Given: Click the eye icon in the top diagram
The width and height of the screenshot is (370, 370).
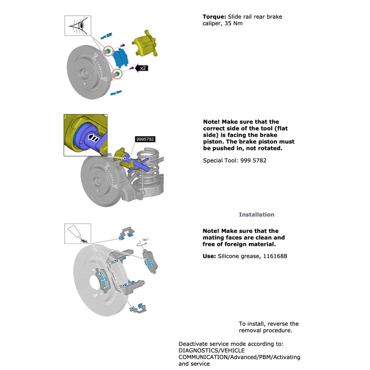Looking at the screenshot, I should (78, 26).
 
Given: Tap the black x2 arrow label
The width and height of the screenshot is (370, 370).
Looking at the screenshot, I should (142, 68).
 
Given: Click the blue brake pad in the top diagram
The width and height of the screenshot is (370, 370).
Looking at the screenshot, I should (120, 58).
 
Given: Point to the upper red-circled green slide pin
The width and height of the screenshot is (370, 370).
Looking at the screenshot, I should (108, 51).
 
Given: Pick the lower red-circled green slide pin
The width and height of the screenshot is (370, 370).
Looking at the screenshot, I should (117, 74).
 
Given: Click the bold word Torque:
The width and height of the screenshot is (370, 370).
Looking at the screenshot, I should (214, 17).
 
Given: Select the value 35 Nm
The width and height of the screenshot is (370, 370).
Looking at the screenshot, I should (234, 24).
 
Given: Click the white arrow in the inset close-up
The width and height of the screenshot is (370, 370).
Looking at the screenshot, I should (93, 138).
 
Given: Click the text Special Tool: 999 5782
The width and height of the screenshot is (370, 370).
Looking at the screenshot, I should (235, 161).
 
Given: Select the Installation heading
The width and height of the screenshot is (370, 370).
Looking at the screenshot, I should (257, 215).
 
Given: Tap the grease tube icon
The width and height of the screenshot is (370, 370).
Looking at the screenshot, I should (78, 233).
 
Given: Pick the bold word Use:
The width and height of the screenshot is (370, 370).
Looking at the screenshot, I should (209, 256).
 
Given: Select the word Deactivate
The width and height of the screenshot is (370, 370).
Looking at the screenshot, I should (192, 344).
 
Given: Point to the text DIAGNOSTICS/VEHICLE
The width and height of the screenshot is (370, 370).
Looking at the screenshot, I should (211, 350).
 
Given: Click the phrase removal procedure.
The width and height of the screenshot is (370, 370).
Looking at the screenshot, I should (266, 330).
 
